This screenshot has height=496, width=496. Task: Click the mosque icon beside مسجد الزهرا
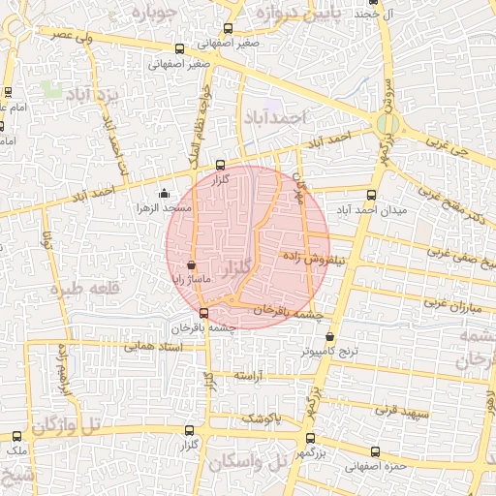click(x=163, y=192)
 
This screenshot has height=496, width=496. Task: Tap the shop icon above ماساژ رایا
click(x=190, y=263)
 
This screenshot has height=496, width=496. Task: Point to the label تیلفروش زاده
click(x=315, y=259)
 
